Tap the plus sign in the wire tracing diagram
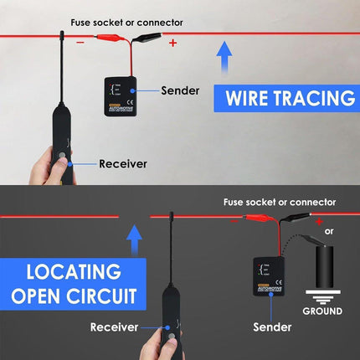tap(173, 43)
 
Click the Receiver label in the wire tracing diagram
tap(125, 164)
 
